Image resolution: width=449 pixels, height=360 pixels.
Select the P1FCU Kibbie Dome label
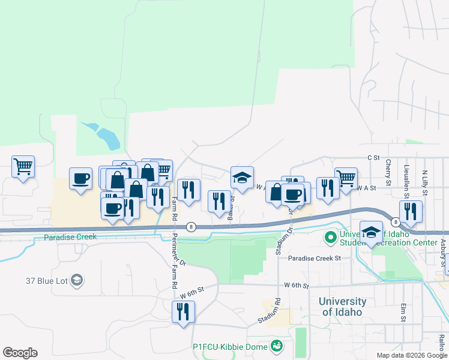231,346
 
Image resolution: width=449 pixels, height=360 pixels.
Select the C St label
374,157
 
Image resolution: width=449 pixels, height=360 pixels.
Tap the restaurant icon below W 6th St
183,312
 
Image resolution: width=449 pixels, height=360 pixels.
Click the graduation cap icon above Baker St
242,178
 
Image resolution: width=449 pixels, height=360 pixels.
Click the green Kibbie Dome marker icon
276,346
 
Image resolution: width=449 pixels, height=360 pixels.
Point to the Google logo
20,353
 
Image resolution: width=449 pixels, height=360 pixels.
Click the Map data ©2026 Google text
412,355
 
